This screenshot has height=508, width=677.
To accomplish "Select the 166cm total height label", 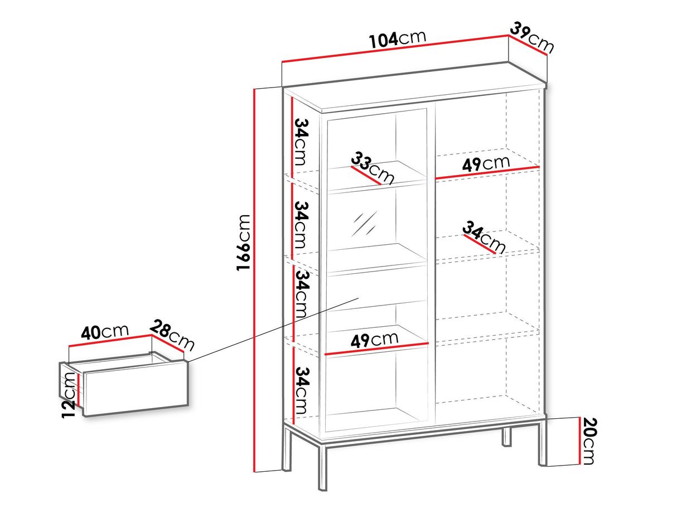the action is [x=243, y=243].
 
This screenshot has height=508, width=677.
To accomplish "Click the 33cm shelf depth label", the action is [x=373, y=168].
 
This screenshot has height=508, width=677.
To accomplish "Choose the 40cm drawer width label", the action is [x=104, y=332].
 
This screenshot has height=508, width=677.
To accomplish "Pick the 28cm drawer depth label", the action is [x=172, y=336].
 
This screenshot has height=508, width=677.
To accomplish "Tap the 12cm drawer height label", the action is [x=68, y=395].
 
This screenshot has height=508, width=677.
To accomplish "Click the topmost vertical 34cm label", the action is [x=301, y=142].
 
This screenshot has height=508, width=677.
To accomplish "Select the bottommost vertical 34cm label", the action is [x=301, y=390].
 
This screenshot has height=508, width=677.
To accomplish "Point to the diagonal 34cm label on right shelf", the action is [x=483, y=237].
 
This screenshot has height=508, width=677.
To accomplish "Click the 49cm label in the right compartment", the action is [x=486, y=164].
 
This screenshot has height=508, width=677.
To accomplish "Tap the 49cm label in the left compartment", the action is [x=374, y=340].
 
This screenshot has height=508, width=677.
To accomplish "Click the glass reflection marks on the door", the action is [x=365, y=224].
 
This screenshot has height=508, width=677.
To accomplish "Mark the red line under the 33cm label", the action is [x=366, y=176].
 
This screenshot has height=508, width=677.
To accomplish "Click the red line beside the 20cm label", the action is [x=580, y=441].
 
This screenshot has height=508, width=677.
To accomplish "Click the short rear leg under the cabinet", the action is [x=506, y=437].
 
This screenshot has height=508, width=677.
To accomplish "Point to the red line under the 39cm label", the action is [x=528, y=45].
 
